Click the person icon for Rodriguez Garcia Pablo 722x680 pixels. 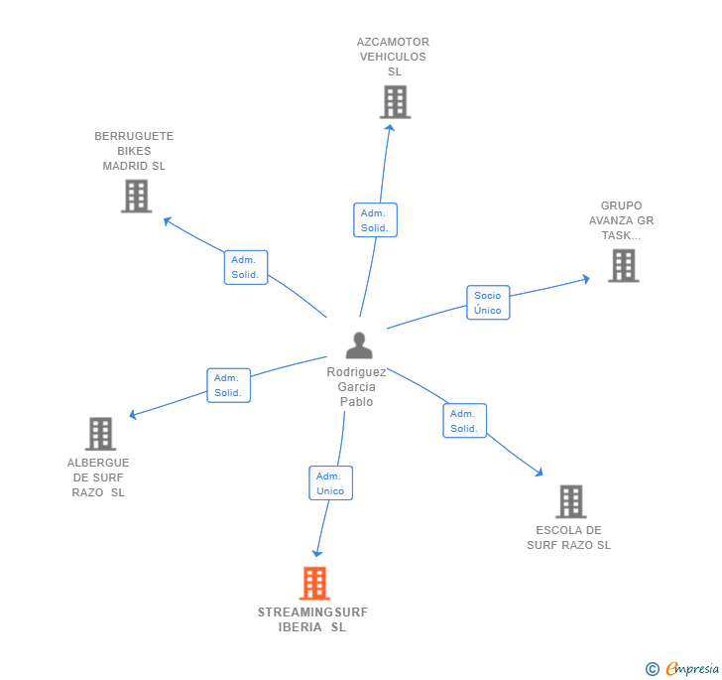click(359, 344)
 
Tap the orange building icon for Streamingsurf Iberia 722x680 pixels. click(314, 584)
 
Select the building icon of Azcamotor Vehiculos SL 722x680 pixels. click(395, 101)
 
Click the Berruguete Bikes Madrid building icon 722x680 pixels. click(136, 196)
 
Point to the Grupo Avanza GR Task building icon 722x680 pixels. click(623, 265)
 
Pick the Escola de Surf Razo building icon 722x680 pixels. click(570, 501)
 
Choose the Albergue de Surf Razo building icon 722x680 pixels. click(100, 434)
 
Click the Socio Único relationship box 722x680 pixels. click(488, 303)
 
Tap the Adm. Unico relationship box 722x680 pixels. click(330, 483)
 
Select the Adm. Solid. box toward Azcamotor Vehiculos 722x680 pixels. click(375, 220)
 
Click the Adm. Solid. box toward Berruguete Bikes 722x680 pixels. click(245, 267)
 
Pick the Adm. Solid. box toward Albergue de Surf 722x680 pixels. click(228, 385)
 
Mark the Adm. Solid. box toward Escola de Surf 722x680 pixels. click(464, 421)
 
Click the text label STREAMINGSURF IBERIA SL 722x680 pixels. click(312, 619)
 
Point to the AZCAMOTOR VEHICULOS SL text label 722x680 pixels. click(393, 57)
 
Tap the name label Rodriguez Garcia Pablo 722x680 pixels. click(357, 387)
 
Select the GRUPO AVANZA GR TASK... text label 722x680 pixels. click(621, 221)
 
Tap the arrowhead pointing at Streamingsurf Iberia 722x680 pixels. click(317, 552)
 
